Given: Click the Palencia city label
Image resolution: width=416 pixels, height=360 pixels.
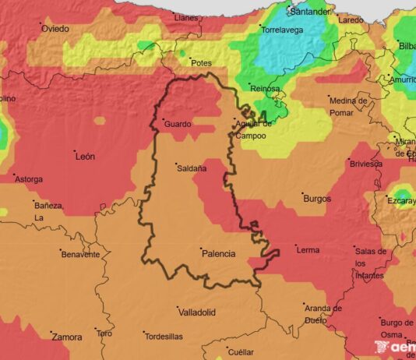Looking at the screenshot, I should pyautogui.click(x=218, y=253).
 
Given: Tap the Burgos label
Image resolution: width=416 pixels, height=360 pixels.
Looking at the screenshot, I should pyautogui.click(x=317, y=199).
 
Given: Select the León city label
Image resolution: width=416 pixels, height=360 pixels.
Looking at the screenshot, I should pyautogui.click(x=85, y=156).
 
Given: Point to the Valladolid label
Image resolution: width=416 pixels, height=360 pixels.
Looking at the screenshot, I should pyautogui.click(x=196, y=312).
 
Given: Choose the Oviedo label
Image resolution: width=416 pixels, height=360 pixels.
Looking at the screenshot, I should pyautogui.click(x=55, y=29).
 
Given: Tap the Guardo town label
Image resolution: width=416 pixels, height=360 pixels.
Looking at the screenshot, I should pyautogui.click(x=178, y=124).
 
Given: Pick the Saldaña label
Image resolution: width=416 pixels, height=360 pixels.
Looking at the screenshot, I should pyautogui.click(x=192, y=168).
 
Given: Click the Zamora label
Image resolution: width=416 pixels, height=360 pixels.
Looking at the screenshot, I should pyautogui.click(x=66, y=337).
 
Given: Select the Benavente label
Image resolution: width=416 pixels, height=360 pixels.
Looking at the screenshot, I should pyautogui.click(x=82, y=254).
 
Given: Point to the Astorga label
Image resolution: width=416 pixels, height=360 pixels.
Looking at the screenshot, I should pyautogui.click(x=29, y=179).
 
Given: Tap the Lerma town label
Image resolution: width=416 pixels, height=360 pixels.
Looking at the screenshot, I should pyautogui.click(x=308, y=250).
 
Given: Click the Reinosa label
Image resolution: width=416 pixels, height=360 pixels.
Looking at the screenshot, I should pyautogui.click(x=265, y=89).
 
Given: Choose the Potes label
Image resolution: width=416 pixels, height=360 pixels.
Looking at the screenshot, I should pyautogui.click(x=201, y=63).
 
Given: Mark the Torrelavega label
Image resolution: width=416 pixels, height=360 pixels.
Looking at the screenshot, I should pyautogui.click(x=282, y=29).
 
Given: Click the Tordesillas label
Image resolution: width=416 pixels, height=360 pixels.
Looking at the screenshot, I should pyautogui.click(x=164, y=337).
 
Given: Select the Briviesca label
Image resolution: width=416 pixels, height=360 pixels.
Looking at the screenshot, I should pyautogui.click(x=365, y=164).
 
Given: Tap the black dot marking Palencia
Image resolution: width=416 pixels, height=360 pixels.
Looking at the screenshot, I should pyautogui.click(x=200, y=249).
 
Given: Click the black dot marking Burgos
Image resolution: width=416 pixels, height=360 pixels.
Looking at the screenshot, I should pyautogui.click(x=302, y=193).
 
